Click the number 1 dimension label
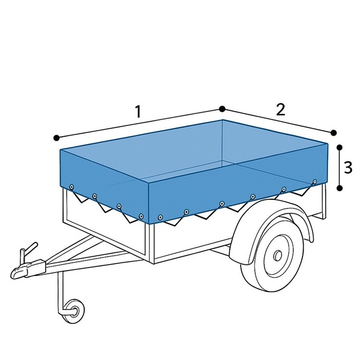138,112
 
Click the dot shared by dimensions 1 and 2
222,109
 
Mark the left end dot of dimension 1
56,137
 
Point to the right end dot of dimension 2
333,132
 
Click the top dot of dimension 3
340,146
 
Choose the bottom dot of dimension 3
340,188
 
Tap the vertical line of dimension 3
340,167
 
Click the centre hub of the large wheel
278,256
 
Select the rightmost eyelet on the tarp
314,181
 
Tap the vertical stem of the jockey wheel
60,291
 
